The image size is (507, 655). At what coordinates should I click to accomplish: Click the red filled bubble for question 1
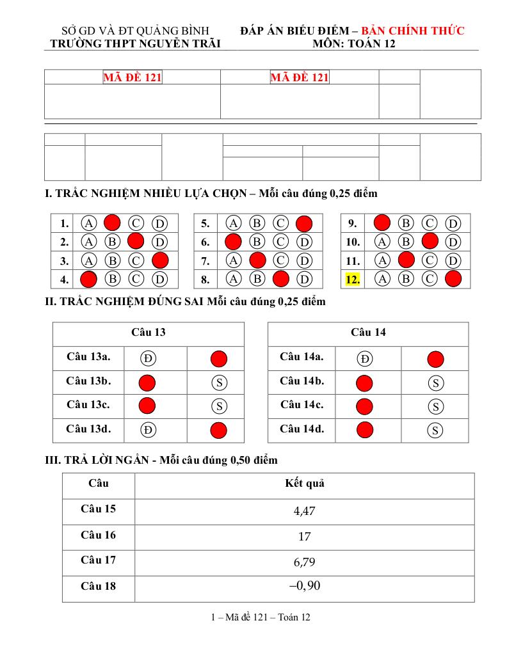(112, 223)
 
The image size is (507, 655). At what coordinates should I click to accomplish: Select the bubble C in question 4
(136, 279)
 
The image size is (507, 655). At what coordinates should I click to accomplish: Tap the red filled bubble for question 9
(382, 223)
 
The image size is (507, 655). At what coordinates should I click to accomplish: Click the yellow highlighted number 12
(352, 279)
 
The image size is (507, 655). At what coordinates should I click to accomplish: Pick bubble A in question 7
(234, 261)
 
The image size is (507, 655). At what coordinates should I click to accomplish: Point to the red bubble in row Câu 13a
(218, 358)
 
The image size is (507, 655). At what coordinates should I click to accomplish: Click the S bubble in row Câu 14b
(435, 383)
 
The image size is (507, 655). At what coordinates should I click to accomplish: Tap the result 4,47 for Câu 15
(304, 511)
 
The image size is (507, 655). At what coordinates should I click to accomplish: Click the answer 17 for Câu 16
(304, 537)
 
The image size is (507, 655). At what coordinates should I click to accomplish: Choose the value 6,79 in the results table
(304, 562)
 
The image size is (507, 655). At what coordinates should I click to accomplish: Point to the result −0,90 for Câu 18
(304, 586)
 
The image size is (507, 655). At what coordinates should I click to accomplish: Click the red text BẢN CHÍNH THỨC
(413, 31)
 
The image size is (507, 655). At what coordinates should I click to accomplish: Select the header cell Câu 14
(368, 333)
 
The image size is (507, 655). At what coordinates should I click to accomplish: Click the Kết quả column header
(304, 484)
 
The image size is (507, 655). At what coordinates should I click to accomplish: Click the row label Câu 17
(99, 560)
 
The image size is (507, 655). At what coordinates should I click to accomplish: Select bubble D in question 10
(453, 242)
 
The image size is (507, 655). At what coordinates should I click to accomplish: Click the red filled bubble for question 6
(234, 242)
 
